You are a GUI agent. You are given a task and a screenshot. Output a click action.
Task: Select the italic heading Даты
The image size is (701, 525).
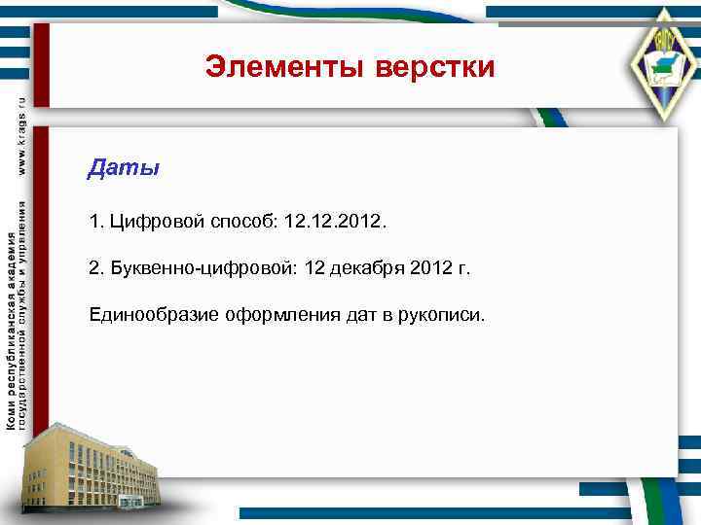tap(123, 168)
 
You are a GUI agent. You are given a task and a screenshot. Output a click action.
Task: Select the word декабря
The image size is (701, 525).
tap(366, 268)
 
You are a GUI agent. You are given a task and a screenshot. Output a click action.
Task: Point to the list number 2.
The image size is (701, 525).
tap(94, 268)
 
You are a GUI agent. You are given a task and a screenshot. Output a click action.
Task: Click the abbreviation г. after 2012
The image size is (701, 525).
tap(462, 268)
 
